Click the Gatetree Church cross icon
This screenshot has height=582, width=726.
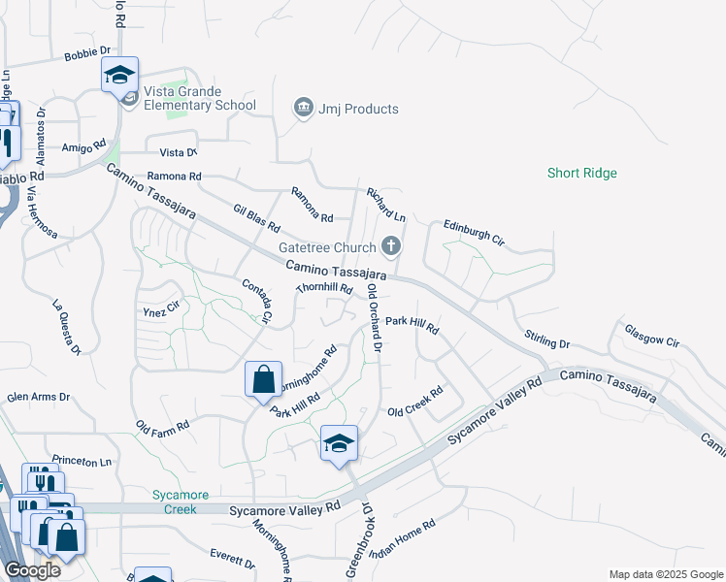coord(391,245)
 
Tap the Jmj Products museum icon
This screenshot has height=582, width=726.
coord(303,108)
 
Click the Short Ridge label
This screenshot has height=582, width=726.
coord(581,174)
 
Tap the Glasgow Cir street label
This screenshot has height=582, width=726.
coord(651,335)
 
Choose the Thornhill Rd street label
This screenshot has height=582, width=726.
coord(323,289)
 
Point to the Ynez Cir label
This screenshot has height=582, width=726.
coord(161,308)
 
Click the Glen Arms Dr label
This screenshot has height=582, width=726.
coord(39,397)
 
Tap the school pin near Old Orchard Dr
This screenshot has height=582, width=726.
coord(339,442)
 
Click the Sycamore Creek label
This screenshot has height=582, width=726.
coord(174,501)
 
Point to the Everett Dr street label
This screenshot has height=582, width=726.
coord(232,558)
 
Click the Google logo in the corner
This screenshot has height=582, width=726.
coord(32,570)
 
